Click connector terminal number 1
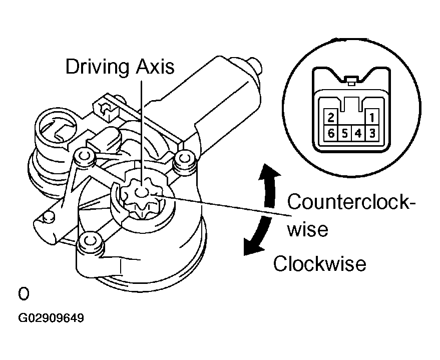[371, 119]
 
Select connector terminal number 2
[330, 119]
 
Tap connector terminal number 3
[371, 134]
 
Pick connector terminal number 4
[357, 134]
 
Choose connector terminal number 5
[344, 134]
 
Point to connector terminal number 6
[330, 134]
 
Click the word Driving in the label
[98, 67]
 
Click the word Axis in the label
[156, 67]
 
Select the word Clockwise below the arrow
[319, 263]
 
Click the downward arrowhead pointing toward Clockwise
[249, 247]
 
